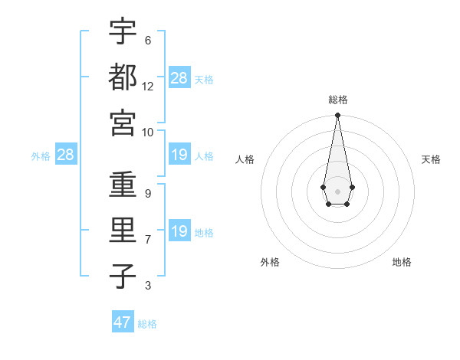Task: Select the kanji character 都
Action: tap(123, 77)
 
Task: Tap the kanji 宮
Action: tap(123, 123)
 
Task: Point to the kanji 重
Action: tap(123, 184)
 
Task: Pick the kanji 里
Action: tap(123, 230)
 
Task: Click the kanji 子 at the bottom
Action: tap(123, 276)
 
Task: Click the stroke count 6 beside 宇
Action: tap(148, 40)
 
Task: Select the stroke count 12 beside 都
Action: tap(148, 86)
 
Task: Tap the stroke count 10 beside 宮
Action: tap(148, 132)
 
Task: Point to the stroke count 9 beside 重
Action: tap(148, 193)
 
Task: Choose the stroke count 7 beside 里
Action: tap(148, 240)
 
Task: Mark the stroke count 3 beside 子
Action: tap(148, 286)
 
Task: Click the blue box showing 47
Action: tap(123, 322)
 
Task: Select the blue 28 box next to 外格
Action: tap(66, 155)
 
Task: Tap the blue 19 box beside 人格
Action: tap(179, 155)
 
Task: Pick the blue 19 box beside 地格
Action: tap(179, 231)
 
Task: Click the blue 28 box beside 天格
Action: tap(179, 78)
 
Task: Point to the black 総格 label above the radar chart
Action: tap(337, 100)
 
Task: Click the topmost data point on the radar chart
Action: tap(337, 116)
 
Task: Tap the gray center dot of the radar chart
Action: tap(337, 190)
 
